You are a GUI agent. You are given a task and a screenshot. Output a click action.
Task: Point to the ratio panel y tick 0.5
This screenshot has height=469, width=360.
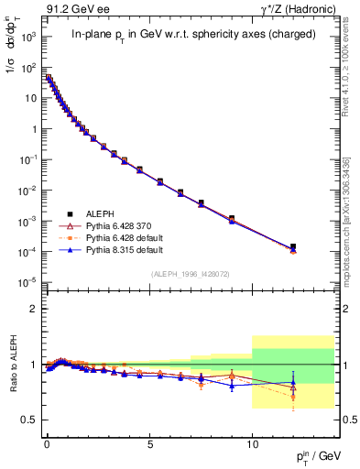tap(29, 420)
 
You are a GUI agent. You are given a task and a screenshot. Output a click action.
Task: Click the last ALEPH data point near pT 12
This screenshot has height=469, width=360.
tap(293, 246)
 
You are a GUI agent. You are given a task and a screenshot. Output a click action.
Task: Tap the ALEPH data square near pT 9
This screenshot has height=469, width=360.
tap(232, 218)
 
